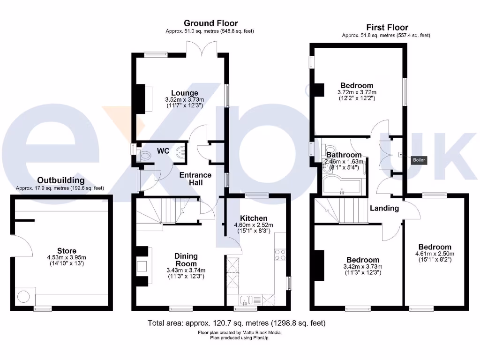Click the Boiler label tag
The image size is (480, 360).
419,160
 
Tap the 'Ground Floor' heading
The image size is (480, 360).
210,23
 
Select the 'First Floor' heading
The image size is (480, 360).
387,27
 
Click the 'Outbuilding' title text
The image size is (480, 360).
61,180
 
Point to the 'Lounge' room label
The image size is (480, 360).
184,93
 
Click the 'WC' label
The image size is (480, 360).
163,151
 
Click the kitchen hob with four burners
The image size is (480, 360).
280,255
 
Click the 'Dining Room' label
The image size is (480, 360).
186,260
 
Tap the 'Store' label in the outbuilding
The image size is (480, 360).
67,251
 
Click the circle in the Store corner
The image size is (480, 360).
23,296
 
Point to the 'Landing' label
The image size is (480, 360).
384,208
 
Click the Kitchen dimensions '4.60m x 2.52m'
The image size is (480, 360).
254,225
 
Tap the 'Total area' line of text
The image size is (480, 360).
236,323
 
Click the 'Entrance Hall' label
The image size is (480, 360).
196,179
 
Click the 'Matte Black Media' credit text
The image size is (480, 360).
260,332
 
